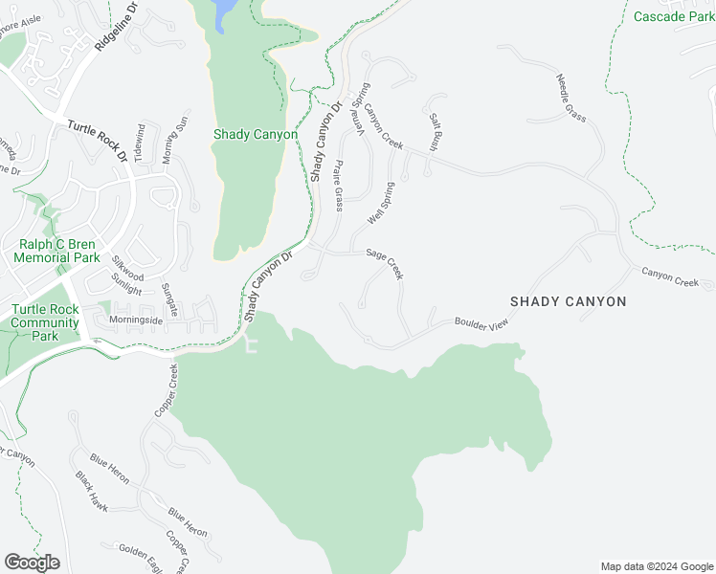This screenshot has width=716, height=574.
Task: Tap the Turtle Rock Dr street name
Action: pyautogui.click(x=96, y=140)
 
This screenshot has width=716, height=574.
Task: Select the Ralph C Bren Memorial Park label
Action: pyautogui.click(x=58, y=252)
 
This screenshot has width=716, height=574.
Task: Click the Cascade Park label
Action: pyautogui.click(x=673, y=16)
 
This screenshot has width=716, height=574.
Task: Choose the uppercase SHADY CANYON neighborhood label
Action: pyautogui.click(x=568, y=301)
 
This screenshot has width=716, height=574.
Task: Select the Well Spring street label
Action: pyautogui.click(x=381, y=203)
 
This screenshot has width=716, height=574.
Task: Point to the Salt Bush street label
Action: pyautogui.click(x=435, y=133)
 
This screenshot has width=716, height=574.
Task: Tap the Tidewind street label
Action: pyautogui.click(x=140, y=141)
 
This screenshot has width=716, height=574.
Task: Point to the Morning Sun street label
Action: pyautogui.click(x=171, y=140)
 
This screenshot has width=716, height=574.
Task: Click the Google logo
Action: pyautogui.click(x=32, y=563)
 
